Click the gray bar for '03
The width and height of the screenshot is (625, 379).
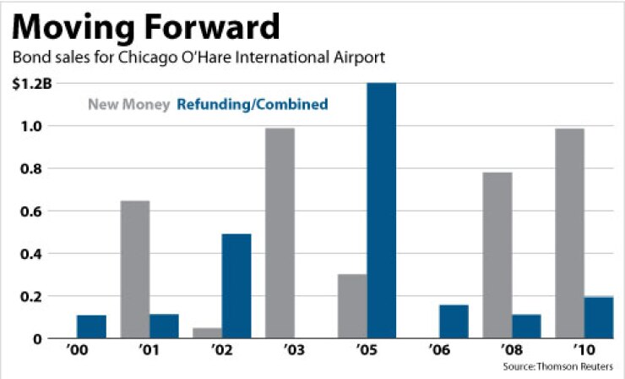pos(280,233)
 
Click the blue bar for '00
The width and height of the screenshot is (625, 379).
pos(91,327)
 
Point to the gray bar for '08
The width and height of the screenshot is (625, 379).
pos(497,255)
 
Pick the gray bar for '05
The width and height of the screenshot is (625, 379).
pos(352,306)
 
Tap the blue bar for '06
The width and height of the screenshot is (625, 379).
pos(454,321)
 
